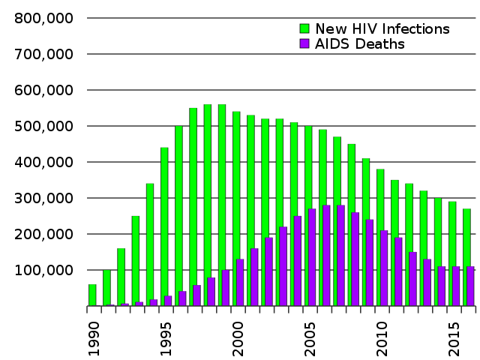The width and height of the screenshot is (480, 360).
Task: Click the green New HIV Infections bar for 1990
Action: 92,295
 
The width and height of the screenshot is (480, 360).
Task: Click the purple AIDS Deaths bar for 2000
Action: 240,282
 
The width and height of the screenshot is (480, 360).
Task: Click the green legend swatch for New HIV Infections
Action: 304,28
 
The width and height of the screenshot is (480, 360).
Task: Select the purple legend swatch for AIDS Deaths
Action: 304,44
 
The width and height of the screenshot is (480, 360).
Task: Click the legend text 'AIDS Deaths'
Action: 360,44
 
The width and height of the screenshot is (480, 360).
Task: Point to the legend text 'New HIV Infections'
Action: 382,28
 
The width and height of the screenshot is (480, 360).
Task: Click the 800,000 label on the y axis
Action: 43,18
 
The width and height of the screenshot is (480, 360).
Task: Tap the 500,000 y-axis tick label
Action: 43,126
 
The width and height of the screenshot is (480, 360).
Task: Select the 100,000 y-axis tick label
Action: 43,270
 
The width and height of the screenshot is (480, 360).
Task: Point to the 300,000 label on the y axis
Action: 43,198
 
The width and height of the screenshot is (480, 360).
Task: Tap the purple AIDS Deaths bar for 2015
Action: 456,286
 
